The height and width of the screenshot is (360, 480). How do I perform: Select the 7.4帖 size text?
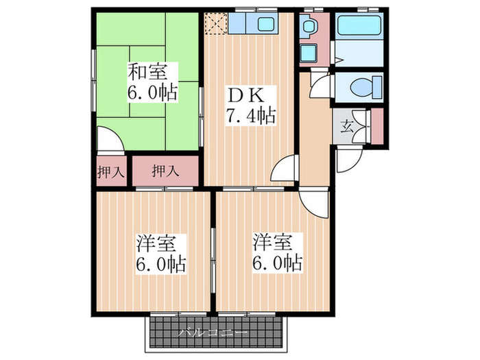[251, 116]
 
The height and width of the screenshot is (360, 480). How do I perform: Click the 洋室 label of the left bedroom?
[156, 243]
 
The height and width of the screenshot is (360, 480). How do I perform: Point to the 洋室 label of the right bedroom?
[272, 242]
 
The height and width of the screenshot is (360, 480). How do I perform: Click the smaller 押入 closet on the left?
[111, 171]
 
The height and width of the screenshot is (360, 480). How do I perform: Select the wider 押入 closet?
[165, 171]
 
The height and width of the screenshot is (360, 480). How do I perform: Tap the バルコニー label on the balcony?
[213, 333]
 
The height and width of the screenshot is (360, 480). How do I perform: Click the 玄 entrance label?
[346, 126]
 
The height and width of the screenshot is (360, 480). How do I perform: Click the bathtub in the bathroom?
[359, 25]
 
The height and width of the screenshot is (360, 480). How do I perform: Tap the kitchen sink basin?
[265, 23]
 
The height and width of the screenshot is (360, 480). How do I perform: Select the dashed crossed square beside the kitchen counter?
[216, 23]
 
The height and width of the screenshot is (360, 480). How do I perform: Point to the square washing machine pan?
[309, 53]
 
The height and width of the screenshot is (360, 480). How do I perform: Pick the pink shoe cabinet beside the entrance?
[377, 125]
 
